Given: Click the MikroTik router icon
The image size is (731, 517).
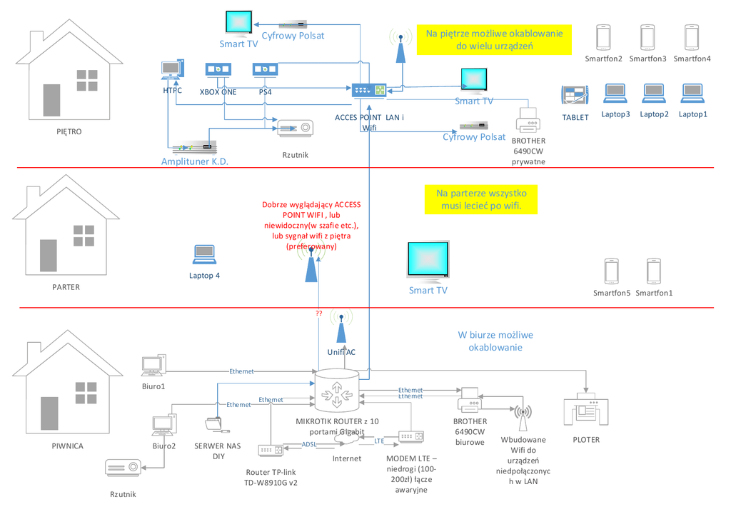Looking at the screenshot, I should click(337, 391).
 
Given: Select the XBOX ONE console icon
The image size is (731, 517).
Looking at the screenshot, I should click(217, 70).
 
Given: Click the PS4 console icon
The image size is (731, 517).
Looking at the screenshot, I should click(264, 70).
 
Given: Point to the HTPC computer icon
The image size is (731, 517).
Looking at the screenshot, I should click(172, 70).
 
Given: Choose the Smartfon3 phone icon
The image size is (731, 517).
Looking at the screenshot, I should click(647, 36).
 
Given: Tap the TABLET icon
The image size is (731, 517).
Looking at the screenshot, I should click(575, 96).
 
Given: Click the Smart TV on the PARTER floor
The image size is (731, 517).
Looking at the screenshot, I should click(428, 261).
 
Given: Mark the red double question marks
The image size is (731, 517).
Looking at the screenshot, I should click(318, 313).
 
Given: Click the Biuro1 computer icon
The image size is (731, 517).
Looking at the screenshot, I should click(153, 366).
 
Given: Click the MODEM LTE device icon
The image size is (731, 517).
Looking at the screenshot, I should click(411, 436).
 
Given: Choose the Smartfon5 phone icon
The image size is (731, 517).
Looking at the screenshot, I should click(611, 272).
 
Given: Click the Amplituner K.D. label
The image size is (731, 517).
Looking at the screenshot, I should click(194, 162).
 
